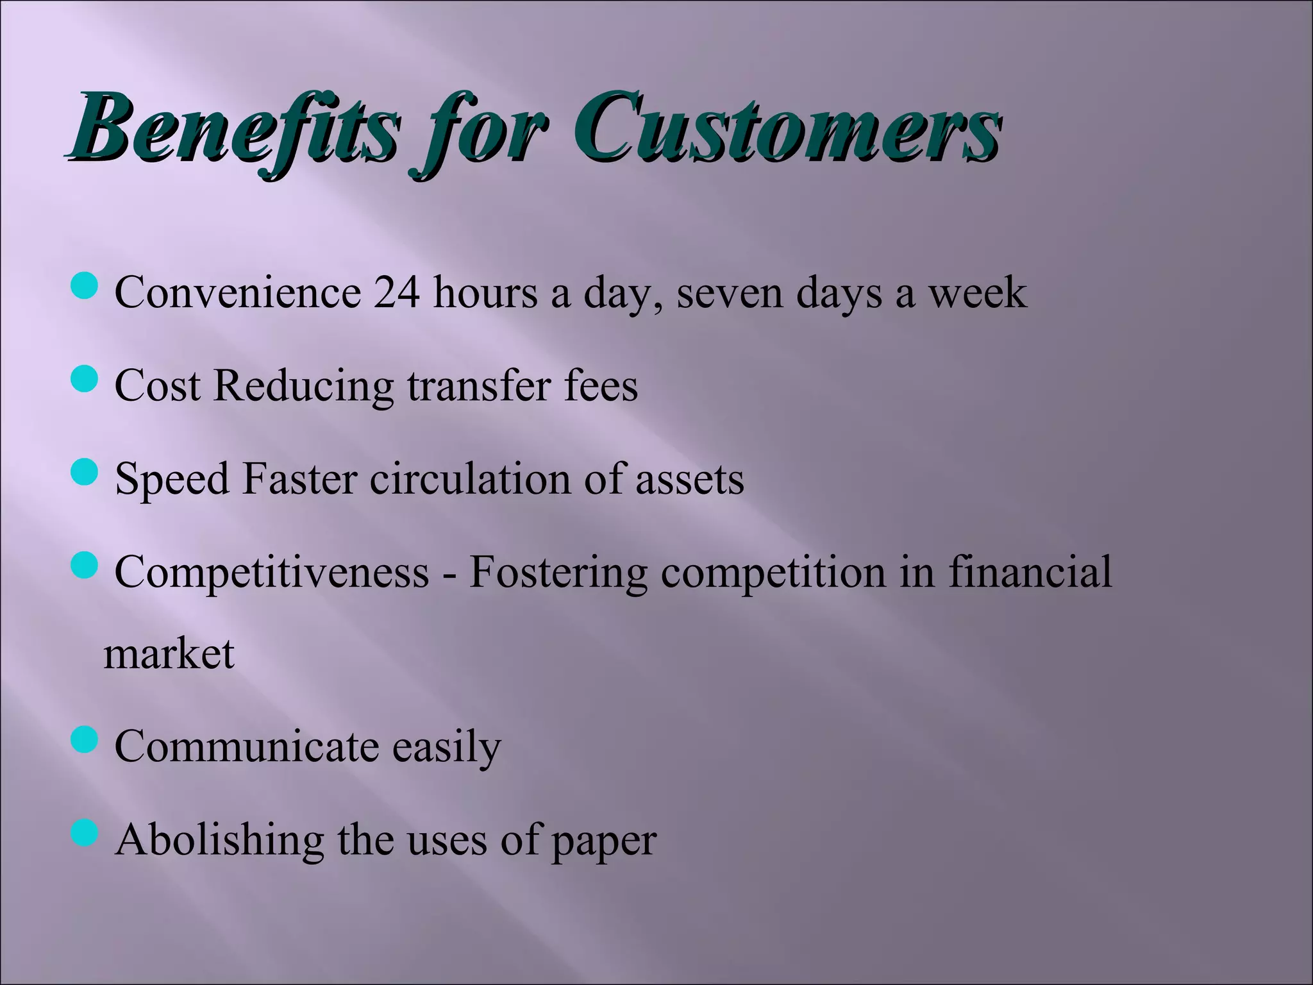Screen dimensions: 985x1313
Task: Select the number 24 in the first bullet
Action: click(x=397, y=293)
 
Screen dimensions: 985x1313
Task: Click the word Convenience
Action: click(x=238, y=293)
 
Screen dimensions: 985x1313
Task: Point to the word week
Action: click(x=978, y=293)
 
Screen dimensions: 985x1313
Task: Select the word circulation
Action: click(x=469, y=479)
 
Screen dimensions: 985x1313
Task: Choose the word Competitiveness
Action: click(x=272, y=573)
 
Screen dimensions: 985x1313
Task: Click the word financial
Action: click(x=1030, y=571)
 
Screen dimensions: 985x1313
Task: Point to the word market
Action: click(x=169, y=654)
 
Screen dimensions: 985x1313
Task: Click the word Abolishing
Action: click(x=219, y=840)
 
